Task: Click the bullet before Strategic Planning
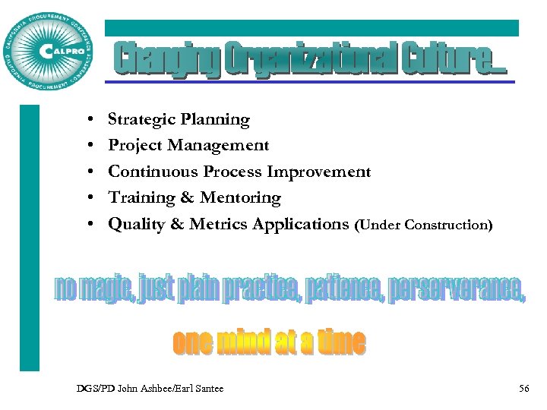point(90,120)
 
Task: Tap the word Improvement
point(326,172)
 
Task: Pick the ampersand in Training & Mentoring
point(187,197)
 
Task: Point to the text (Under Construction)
point(423,225)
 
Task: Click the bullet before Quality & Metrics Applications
point(90,225)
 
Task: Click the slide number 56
point(523,389)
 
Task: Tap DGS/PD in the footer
point(93,389)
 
